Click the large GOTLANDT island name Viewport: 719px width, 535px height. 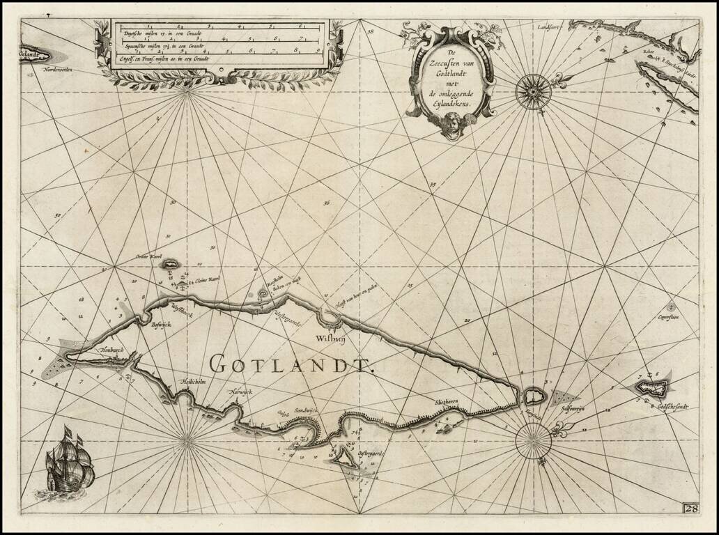pos(293,363)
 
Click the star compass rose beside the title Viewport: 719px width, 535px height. pos(534,88)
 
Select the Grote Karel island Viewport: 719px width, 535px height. pos(169,265)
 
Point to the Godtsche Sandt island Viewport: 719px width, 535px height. pos(653,385)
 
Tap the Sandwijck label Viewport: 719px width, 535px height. pos(305,412)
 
